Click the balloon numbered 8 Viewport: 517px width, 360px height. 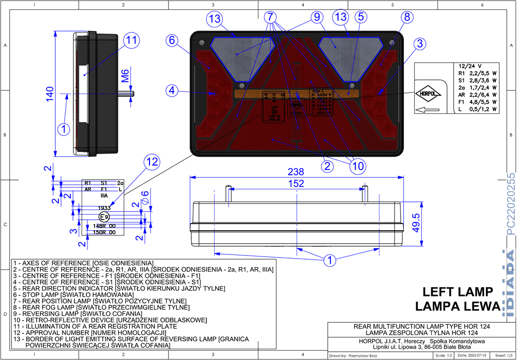point(407,17)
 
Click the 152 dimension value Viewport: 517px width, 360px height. point(296,184)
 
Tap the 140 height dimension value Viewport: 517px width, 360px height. point(50,94)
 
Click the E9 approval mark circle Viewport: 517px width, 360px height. point(104,217)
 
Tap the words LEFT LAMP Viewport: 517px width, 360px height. point(458,292)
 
